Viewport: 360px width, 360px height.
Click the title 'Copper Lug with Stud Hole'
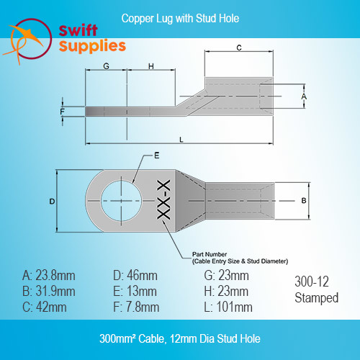pyautogui.click(x=180, y=19)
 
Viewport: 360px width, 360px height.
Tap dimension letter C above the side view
pyautogui.click(x=239, y=48)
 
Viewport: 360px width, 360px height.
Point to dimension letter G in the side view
pyautogui.click(x=106, y=66)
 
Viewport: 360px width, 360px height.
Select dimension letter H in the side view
pyautogui.click(x=151, y=66)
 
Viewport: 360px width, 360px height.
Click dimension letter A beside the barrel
pyautogui.click(x=304, y=96)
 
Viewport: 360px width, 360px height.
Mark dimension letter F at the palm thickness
pyautogui.click(x=63, y=112)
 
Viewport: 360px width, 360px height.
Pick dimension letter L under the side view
pyautogui.click(x=181, y=140)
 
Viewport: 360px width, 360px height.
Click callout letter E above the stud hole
pyautogui.click(x=157, y=156)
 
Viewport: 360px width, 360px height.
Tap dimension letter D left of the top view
pyautogui.click(x=52, y=202)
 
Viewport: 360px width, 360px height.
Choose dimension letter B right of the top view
pyautogui.click(x=304, y=201)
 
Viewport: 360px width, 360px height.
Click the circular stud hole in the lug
pyautogui.click(x=121, y=201)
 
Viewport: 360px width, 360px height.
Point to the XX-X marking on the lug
pyautogui.click(x=163, y=199)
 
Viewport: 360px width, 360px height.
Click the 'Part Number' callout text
pyautogui.click(x=210, y=254)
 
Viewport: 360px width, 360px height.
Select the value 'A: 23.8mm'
pyautogui.click(x=49, y=276)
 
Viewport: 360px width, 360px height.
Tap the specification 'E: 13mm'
pyautogui.click(x=135, y=292)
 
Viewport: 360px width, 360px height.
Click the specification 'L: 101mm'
pyautogui.click(x=228, y=307)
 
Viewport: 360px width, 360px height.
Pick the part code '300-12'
pyautogui.click(x=312, y=282)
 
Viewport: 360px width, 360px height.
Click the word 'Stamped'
pyautogui.click(x=317, y=298)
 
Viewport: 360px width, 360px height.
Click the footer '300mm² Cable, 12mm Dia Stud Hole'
pyautogui.click(x=180, y=338)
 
